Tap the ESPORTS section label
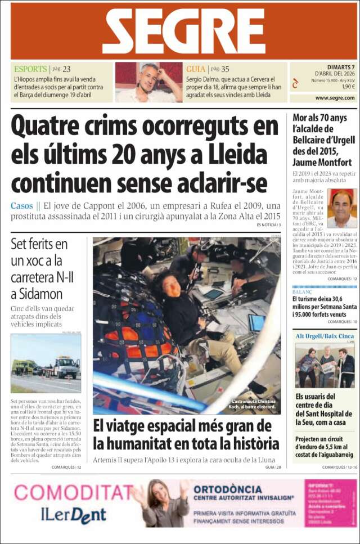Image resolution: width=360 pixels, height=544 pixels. [31, 69]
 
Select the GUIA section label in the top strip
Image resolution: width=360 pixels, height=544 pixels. [196, 69]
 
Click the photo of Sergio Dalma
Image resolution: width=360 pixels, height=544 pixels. [148, 82]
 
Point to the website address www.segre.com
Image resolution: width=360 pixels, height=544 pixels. [335, 98]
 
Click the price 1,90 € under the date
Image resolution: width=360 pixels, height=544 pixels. [348, 87]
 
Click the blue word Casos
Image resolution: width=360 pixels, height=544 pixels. [21, 206]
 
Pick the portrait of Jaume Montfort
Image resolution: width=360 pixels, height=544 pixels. [342, 208]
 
